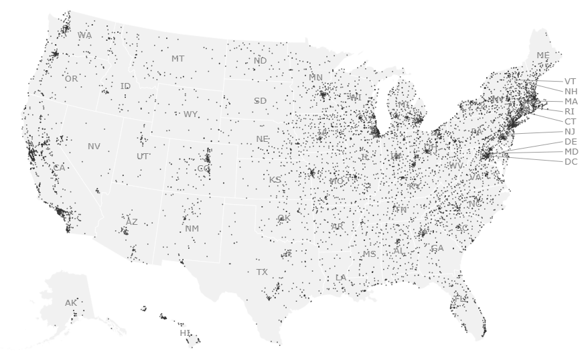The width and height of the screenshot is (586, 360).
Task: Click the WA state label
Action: point(85,35)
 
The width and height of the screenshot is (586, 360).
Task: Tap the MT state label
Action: point(177,59)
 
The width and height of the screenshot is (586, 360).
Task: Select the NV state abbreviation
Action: point(94,146)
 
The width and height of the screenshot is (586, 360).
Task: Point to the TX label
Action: point(262,272)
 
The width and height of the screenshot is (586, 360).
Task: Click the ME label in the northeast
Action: point(543,55)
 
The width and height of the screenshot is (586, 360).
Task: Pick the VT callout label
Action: point(571,81)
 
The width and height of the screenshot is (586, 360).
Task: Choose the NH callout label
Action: point(571,91)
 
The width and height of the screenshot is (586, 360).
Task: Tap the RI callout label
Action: point(570,111)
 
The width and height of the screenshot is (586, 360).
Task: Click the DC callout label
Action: point(571,161)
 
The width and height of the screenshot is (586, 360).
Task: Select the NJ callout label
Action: point(570,132)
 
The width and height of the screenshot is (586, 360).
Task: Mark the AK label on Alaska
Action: point(71,302)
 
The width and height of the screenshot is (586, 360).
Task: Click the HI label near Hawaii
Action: point(185,333)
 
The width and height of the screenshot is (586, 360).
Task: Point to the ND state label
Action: point(260,61)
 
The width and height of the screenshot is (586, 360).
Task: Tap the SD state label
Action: point(260,101)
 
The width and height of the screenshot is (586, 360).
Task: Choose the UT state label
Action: point(143,157)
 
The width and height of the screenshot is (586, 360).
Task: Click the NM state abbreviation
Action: point(192,229)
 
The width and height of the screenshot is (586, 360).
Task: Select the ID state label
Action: point(125,86)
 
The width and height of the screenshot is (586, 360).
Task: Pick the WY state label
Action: point(191,114)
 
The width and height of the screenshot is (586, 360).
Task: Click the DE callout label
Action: point(571,141)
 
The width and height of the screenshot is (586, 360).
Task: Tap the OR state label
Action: point(71,79)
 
